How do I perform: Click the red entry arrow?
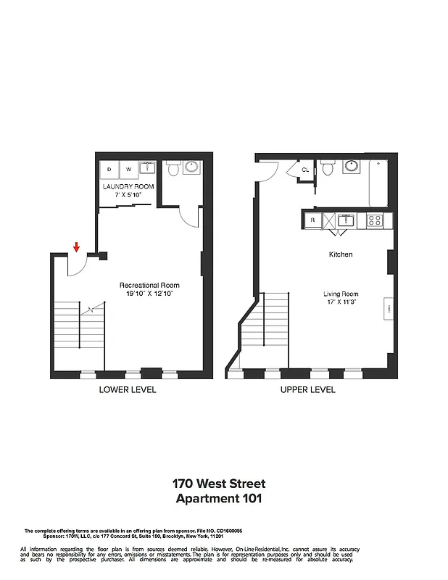pos(76,249)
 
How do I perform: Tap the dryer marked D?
pos(109,170)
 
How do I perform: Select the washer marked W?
pos(128,170)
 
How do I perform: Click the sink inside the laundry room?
pos(147,169)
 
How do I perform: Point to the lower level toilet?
pos(173,170)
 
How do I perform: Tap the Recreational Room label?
pos(149,285)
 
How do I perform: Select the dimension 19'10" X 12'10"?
pos(149,294)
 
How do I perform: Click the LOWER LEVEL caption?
pos(128,389)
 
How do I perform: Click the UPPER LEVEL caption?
pos(308,389)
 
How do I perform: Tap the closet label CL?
pos(305,170)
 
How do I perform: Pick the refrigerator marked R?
pos(312,219)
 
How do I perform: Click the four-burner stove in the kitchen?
pos(375,219)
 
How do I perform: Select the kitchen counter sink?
pos(346,219)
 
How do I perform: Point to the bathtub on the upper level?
pos(380,183)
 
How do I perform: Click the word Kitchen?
pos(341,254)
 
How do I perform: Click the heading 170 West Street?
pos(219,483)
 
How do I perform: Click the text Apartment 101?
pos(219,498)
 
